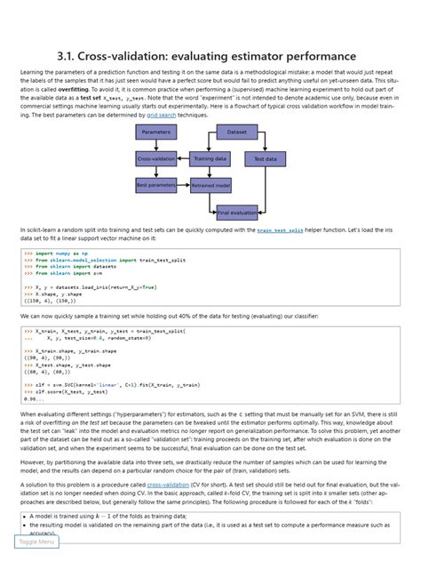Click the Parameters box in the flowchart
point(156,132)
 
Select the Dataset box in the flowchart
point(237,132)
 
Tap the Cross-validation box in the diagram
point(156,158)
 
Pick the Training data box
point(210,158)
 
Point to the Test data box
point(266,158)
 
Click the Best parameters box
point(156,185)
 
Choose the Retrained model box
point(210,185)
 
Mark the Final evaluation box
point(237,213)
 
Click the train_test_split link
point(280,229)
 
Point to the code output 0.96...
point(34,398)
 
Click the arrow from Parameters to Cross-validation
point(156,145)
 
